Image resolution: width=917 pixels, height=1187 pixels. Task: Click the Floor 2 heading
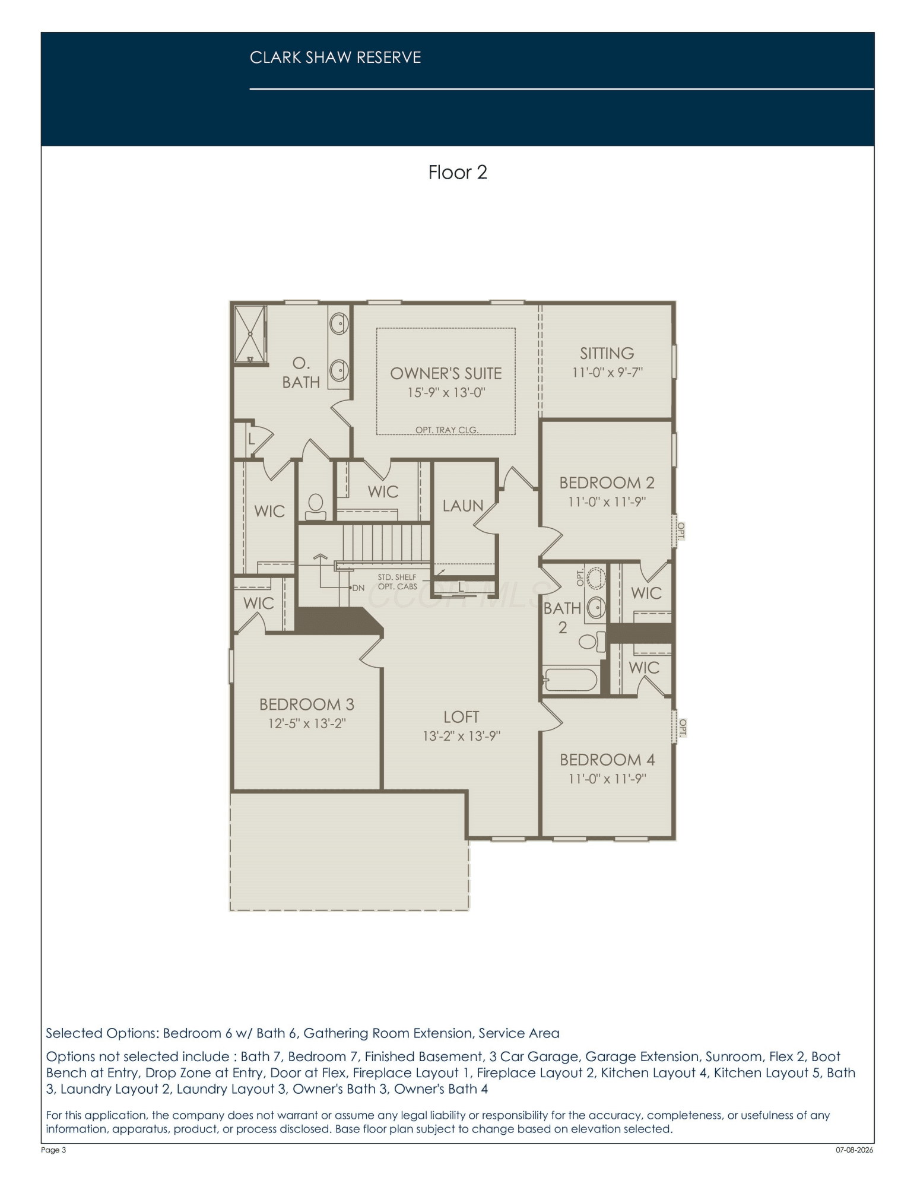coord(458,172)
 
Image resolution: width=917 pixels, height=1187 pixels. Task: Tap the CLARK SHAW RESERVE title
coord(335,58)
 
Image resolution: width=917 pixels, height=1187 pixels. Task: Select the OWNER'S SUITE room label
coord(446,373)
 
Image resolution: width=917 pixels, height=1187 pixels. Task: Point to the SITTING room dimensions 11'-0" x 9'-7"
coord(607,373)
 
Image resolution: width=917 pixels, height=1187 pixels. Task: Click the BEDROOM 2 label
coord(607,483)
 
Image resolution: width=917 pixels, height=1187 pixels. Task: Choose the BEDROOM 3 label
coord(307,704)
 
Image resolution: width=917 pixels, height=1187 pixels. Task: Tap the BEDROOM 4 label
coord(607,760)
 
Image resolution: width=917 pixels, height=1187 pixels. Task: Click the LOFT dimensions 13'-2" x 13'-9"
coord(461,737)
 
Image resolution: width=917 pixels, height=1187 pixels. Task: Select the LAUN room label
coord(463,506)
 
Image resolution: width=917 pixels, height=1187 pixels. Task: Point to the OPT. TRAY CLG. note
coord(446,430)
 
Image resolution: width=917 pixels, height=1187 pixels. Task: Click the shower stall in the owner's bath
coord(250,334)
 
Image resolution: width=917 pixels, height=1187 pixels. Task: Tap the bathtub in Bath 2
coord(570,680)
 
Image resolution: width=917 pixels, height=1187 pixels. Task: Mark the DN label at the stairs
coord(358,588)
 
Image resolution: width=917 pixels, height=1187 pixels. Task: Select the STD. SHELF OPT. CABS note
coord(397,582)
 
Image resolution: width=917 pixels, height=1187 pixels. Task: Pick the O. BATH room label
coord(301,373)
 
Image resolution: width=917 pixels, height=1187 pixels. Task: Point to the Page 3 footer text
coord(54,1150)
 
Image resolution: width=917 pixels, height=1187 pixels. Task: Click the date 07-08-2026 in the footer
coord(854,1150)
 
